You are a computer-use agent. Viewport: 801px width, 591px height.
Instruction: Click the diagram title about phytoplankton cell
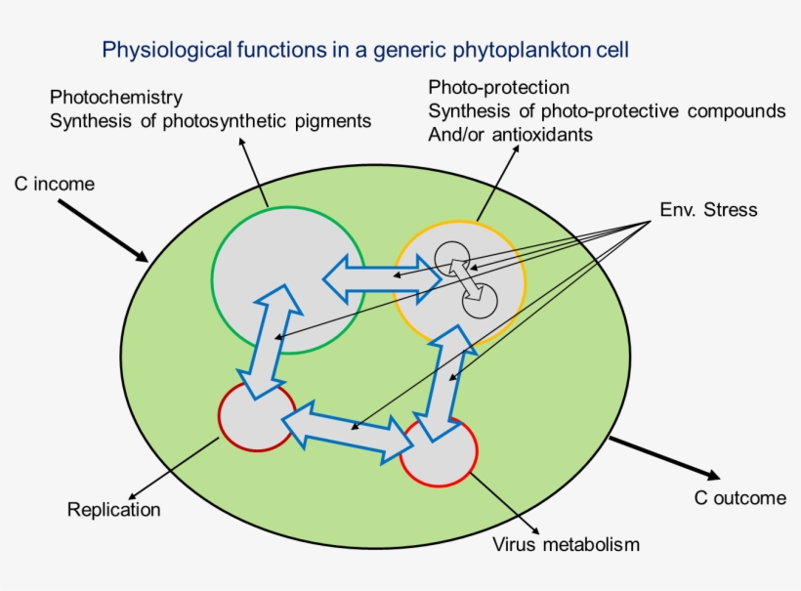[372, 48]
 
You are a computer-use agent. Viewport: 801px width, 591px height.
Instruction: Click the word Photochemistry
[116, 98]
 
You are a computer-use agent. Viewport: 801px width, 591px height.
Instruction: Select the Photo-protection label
[498, 88]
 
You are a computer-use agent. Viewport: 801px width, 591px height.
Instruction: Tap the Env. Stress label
[708, 210]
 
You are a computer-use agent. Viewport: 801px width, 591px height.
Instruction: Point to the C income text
[54, 184]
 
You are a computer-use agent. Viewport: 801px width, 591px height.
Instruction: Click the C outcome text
[739, 498]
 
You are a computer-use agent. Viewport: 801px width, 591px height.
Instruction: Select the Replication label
[113, 509]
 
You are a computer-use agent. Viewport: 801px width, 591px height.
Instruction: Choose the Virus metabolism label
[566, 544]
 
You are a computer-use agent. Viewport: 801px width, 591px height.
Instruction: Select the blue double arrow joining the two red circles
[347, 431]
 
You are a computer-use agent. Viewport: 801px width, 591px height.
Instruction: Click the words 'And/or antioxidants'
[510, 135]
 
